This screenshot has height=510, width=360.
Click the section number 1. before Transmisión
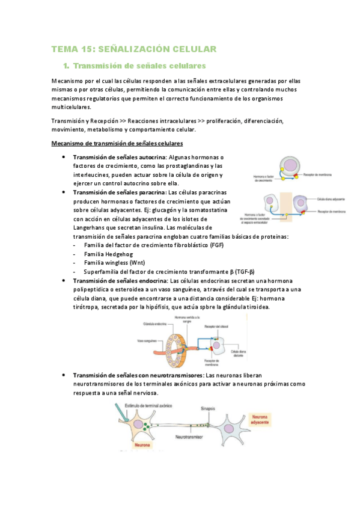tap(67, 65)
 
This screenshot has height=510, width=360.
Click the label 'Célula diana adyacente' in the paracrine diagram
tap(331, 198)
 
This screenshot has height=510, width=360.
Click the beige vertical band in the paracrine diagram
tap(284, 207)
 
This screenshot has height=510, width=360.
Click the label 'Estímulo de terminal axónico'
tap(139, 407)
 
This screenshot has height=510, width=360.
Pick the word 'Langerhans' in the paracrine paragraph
tap(92, 227)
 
